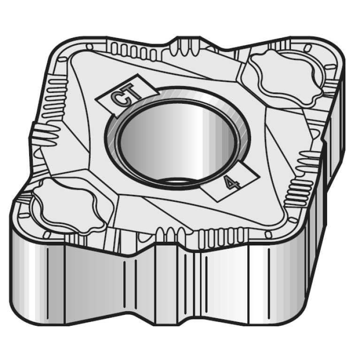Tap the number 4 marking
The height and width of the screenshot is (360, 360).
click(x=231, y=182)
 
